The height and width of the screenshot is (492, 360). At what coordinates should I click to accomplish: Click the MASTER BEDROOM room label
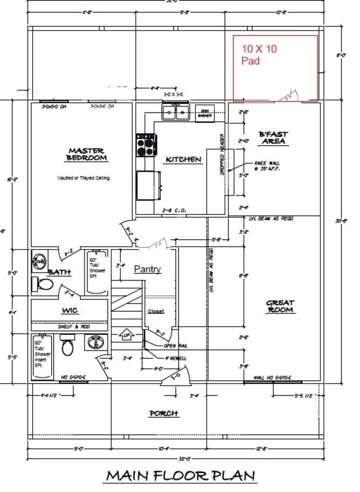(87, 154)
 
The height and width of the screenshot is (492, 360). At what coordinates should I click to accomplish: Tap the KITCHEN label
(183, 160)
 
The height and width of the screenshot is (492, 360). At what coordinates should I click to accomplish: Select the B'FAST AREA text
(273, 138)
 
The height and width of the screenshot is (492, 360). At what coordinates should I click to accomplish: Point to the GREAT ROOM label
(280, 306)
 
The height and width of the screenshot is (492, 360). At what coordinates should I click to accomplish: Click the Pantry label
(147, 269)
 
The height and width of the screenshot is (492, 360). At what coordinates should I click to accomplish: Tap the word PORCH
(164, 413)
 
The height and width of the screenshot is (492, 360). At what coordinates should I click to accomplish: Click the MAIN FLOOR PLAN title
(180, 476)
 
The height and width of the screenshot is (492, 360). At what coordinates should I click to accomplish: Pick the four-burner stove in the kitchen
(146, 146)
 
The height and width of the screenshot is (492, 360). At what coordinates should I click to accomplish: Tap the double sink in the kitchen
(176, 112)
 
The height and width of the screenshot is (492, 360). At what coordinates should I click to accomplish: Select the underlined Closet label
(156, 312)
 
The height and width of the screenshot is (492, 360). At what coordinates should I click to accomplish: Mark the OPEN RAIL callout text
(175, 346)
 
